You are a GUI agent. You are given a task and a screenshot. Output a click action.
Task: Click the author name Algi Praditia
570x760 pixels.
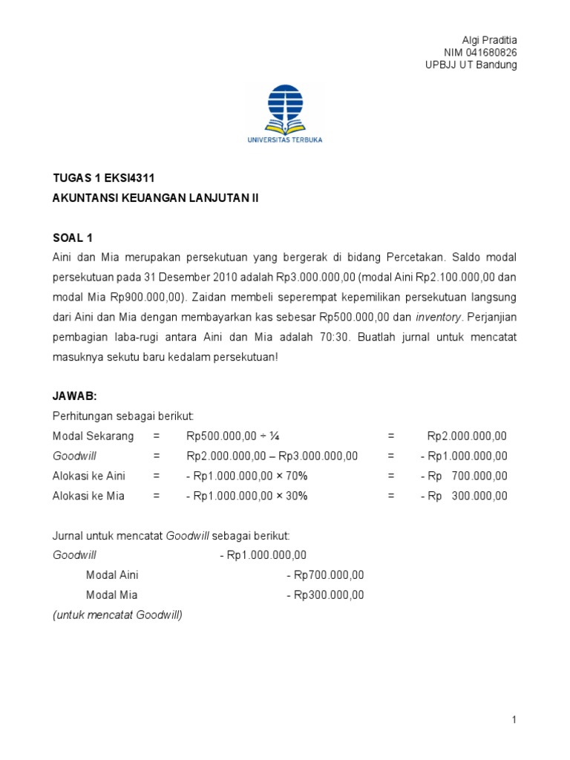[489, 39]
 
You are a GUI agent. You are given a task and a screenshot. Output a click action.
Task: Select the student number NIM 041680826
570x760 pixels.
[480, 52]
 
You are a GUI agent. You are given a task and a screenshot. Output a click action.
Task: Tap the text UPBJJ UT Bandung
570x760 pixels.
[471, 65]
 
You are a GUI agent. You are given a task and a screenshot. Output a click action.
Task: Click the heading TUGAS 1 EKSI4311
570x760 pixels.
[103, 179]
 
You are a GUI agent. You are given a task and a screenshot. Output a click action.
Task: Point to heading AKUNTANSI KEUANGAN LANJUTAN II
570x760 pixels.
[156, 197]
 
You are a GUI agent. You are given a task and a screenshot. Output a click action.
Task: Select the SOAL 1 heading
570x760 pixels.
[73, 237]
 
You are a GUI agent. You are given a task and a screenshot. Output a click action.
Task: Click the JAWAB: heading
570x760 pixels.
[75, 397]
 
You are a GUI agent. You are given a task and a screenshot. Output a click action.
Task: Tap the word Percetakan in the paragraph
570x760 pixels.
[414, 257]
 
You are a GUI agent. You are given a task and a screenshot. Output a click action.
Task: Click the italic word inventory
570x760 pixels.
[439, 317]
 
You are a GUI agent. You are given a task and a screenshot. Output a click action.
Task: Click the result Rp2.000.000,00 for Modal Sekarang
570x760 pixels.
[467, 436]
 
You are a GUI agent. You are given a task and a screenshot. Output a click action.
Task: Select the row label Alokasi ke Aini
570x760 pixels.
[88, 476]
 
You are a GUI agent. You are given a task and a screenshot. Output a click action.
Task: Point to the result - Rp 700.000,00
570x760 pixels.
[464, 476]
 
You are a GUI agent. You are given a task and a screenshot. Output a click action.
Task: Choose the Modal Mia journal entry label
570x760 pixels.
[112, 594]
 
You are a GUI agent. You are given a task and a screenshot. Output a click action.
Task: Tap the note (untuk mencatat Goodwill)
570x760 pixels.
[118, 615]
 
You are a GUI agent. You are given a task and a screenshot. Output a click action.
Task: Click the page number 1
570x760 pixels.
[514, 719]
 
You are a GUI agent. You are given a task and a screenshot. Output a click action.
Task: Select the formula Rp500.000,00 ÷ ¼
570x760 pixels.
[232, 436]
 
